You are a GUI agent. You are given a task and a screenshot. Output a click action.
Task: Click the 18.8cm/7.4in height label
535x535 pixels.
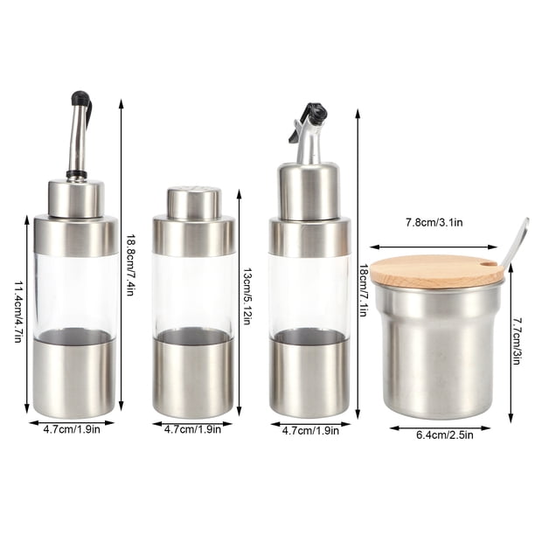tap(130, 265)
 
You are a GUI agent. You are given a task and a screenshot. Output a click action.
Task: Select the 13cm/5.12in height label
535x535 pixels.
tap(247, 295)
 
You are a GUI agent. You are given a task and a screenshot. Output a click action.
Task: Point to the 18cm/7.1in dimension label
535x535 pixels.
tap(364, 290)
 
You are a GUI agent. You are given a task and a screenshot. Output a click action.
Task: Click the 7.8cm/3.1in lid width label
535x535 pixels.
tap(434, 223)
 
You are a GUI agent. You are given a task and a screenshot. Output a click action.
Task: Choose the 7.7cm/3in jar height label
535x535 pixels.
tap(516, 341)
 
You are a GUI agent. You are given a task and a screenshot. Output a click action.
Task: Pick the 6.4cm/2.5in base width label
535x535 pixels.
tap(445, 435)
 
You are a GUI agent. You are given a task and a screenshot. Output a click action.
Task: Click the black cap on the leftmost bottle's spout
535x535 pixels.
tap(80, 98)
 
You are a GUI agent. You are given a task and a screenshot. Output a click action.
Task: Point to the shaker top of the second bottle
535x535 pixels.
tap(194, 203)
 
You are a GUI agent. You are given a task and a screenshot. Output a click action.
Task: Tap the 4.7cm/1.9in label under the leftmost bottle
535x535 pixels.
tap(72, 429)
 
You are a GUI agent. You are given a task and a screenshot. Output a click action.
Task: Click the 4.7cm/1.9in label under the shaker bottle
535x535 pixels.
tap(192, 429)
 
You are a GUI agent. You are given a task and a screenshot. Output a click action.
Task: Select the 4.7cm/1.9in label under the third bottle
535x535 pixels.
tap(310, 431)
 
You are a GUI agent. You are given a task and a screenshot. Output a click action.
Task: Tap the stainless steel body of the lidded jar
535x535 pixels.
tap(439, 351)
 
